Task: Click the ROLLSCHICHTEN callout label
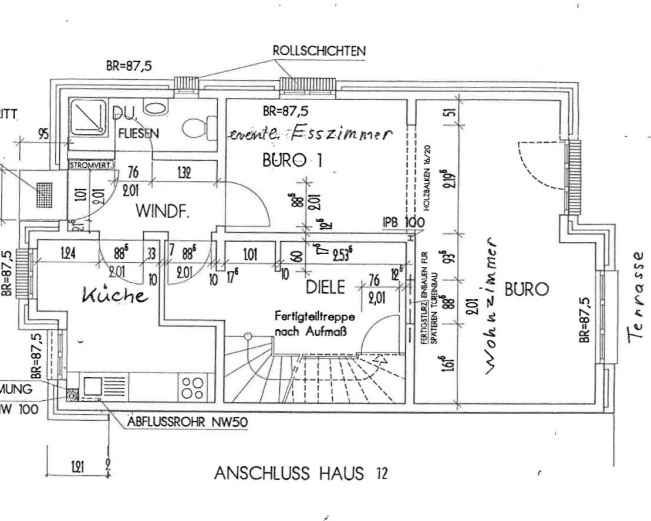319,51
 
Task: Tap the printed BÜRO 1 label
292,160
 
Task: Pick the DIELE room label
325,287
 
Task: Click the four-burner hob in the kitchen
193,388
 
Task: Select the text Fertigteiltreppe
315,317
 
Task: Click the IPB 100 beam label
403,222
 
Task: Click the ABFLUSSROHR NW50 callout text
188,422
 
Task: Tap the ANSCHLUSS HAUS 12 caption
300,473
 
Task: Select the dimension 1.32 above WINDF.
184,173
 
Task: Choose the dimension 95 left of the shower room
43,134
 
